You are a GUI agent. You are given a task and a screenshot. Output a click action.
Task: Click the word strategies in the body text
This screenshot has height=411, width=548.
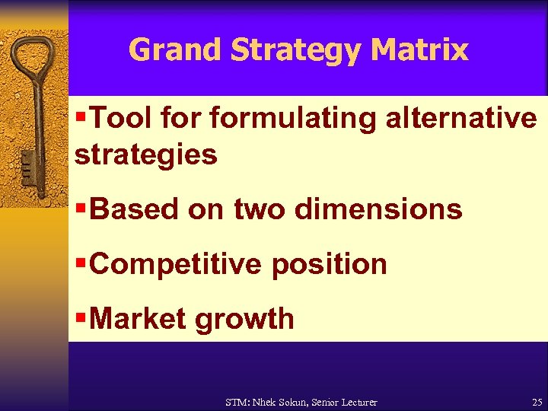pyautogui.click(x=145, y=155)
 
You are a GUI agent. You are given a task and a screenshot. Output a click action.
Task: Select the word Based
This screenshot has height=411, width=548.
pyautogui.click(x=134, y=209)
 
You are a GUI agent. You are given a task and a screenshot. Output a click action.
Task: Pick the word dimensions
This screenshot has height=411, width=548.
pyautogui.click(x=378, y=209)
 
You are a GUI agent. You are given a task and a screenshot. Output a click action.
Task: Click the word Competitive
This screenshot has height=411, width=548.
pyautogui.click(x=176, y=264)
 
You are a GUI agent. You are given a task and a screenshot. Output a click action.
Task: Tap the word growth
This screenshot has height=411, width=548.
pyautogui.click(x=244, y=319)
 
